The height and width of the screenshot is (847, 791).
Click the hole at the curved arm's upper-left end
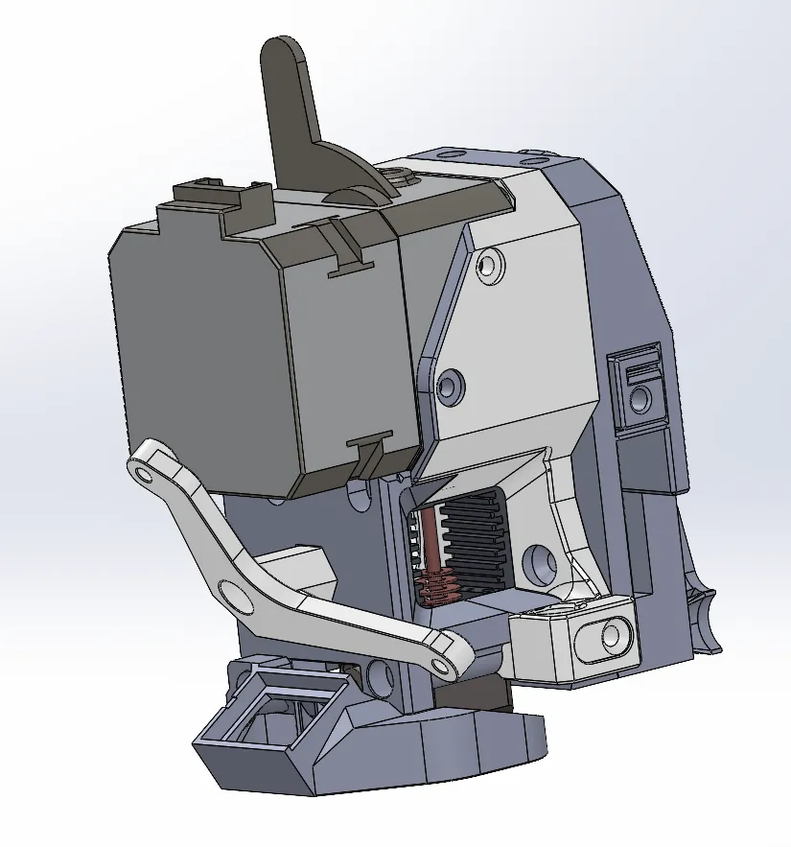point(144,473)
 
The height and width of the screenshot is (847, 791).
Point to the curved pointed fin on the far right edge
point(708,614)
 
